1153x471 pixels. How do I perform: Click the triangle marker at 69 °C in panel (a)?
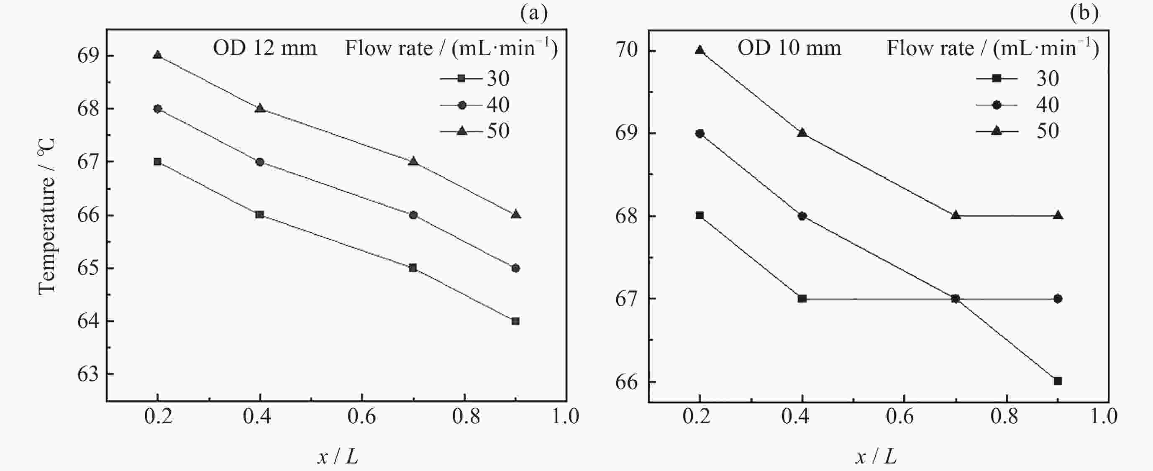click(x=157, y=55)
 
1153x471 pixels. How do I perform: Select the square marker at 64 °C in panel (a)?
click(x=515, y=321)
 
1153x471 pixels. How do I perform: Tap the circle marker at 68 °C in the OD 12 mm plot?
click(x=157, y=108)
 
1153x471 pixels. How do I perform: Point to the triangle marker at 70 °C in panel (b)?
click(x=699, y=50)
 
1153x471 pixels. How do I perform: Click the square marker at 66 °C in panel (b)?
click(x=1058, y=381)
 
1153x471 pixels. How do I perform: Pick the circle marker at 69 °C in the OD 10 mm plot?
click(x=699, y=133)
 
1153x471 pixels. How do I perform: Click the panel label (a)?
click(x=533, y=13)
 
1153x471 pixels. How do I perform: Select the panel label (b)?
click(x=1084, y=13)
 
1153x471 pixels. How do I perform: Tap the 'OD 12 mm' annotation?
click(x=264, y=48)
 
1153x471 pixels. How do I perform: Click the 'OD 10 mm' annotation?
click(x=789, y=48)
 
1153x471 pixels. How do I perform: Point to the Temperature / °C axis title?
click(x=46, y=216)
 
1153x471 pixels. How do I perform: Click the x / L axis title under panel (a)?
click(x=338, y=457)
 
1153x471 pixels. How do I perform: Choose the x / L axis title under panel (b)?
click(x=876, y=457)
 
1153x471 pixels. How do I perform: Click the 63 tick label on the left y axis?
click(x=88, y=374)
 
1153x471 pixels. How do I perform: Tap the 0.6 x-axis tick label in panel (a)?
click(x=361, y=417)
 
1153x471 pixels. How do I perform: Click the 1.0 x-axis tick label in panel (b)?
click(x=1103, y=417)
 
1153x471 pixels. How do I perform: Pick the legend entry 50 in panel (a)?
click(x=498, y=131)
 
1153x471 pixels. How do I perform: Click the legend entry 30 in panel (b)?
click(x=1048, y=79)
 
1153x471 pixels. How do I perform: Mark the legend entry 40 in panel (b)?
click(x=1048, y=105)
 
